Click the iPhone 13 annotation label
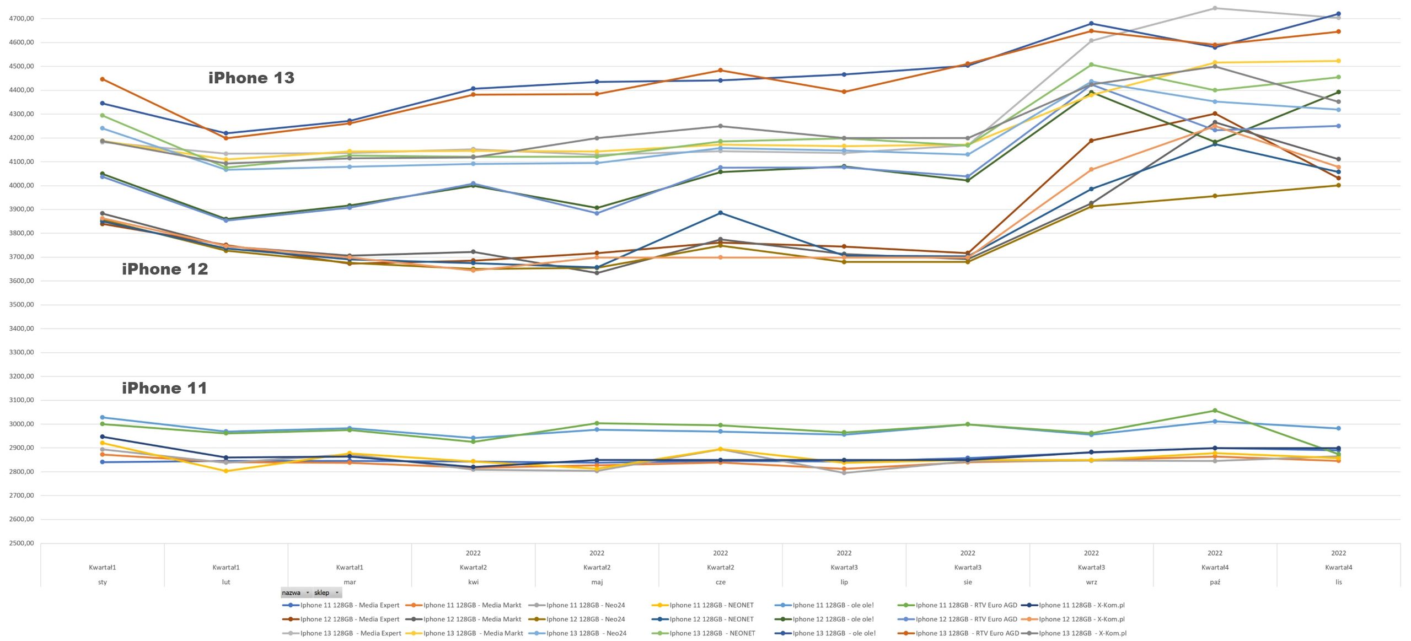coord(251,78)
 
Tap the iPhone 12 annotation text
coord(165,269)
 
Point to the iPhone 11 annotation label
coord(164,388)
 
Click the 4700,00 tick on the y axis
coord(22,18)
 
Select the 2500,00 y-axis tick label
coord(22,543)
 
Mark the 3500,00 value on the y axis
coord(22,304)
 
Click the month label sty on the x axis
coord(103,582)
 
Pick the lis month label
coord(1339,582)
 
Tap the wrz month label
coord(1091,582)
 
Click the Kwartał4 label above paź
coord(1215,567)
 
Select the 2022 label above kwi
coord(473,553)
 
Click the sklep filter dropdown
coord(327,592)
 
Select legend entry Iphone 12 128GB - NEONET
coord(702,619)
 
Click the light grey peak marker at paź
coord(1215,8)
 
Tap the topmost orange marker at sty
coord(103,79)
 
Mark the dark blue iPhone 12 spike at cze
coord(720,213)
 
